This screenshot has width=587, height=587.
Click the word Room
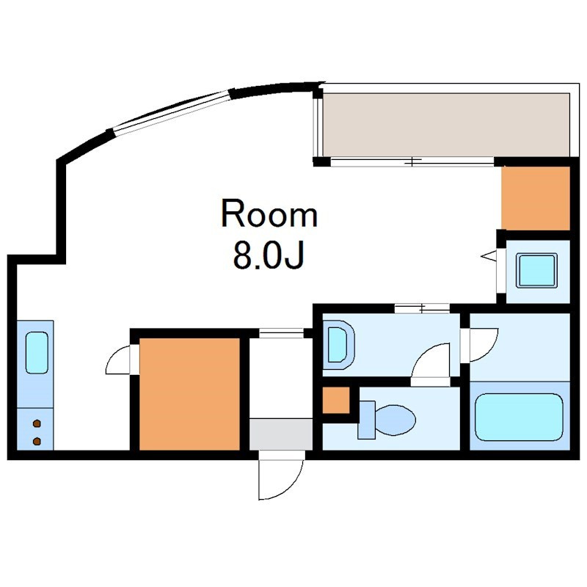[269, 214]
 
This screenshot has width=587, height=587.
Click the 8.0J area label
[268, 255]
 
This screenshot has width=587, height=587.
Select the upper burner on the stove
[37, 424]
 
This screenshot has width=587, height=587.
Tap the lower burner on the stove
[37, 442]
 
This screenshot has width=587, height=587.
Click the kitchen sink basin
[37, 353]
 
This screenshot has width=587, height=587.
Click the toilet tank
[366, 420]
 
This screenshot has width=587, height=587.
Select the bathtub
[519, 417]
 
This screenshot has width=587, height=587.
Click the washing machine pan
[536, 271]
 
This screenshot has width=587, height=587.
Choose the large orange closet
[189, 394]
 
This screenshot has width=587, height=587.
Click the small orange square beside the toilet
[336, 400]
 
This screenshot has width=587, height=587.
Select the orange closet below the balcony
[536, 198]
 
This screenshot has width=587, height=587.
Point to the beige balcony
[446, 125]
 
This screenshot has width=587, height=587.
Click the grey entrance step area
[281, 434]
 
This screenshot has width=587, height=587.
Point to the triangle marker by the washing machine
[488, 256]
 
